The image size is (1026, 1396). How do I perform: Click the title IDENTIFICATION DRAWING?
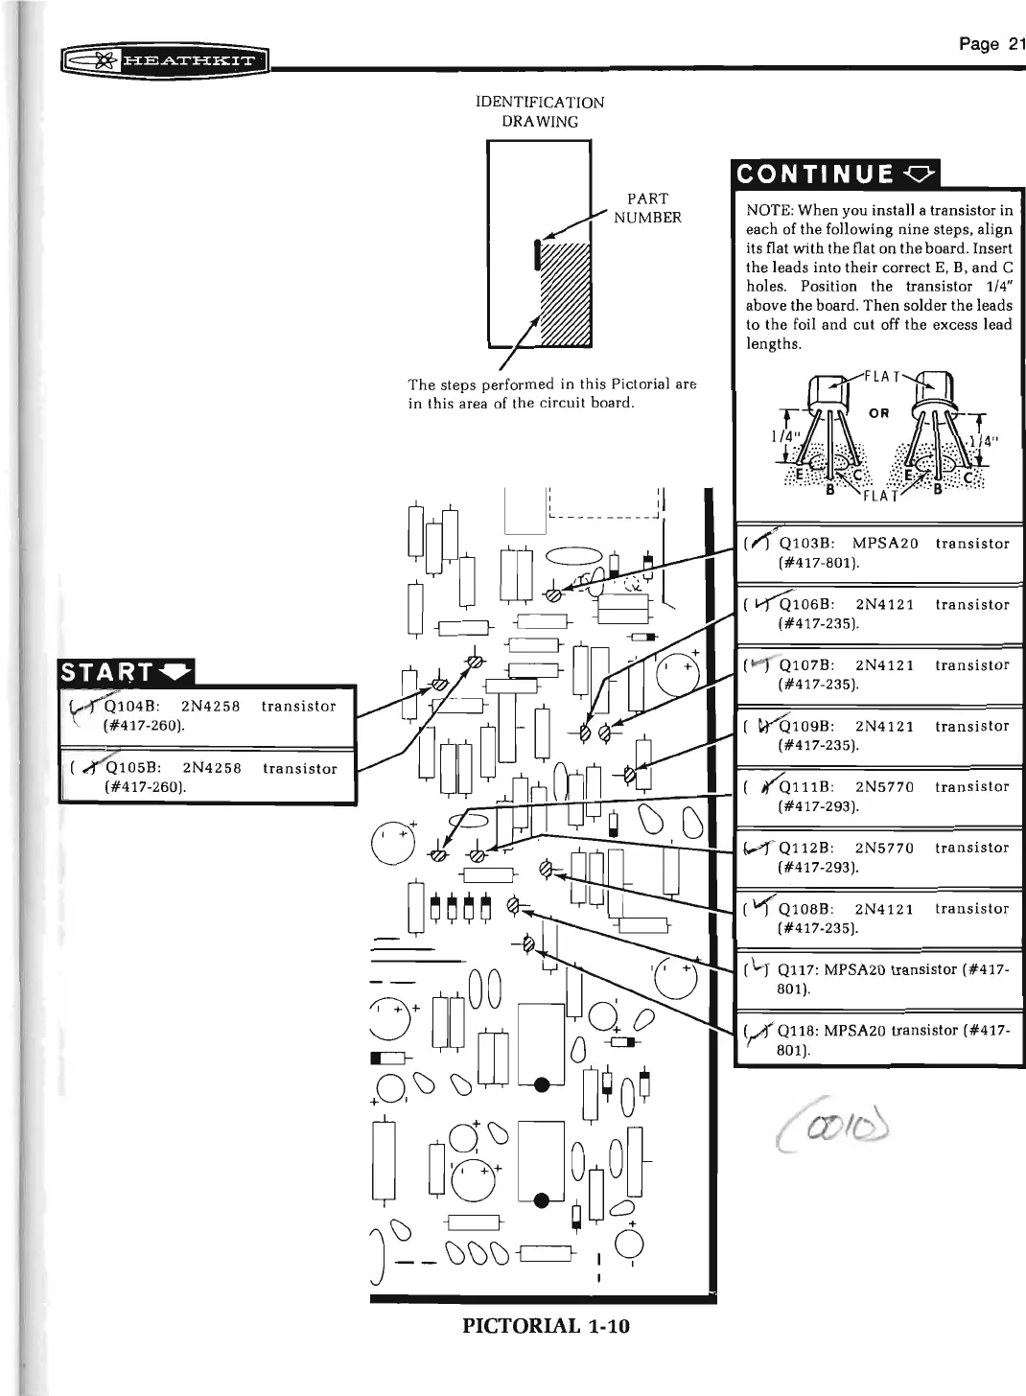pyautogui.click(x=540, y=111)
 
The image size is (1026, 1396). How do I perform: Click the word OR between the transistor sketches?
pyautogui.click(x=878, y=413)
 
